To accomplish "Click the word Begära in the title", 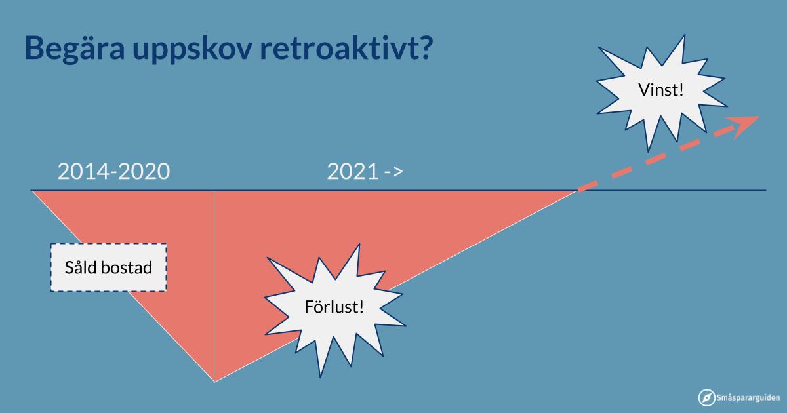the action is [75, 49].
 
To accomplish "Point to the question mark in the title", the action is [424, 47].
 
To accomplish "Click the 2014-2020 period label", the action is [114, 171].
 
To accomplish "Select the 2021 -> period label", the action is [365, 171].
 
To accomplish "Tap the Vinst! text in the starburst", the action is [661, 90].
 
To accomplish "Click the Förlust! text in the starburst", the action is [334, 307].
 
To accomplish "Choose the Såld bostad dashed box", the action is [109, 267].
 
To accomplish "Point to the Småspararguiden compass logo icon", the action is [706, 397].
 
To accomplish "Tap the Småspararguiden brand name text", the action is [748, 398].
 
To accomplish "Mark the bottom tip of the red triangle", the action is [214, 382].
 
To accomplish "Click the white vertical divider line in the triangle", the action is [214, 286].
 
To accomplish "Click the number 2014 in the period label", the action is [83, 171].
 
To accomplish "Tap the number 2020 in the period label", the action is [145, 171].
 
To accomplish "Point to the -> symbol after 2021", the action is [394, 172].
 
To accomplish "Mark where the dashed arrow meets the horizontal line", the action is [578, 191].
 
